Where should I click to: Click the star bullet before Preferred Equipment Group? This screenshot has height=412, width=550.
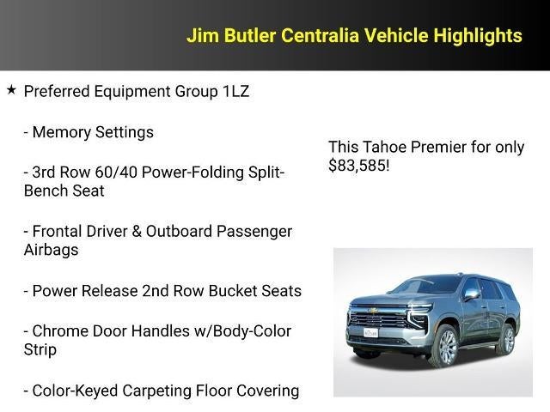(x=11, y=89)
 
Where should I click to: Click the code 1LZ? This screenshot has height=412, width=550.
(x=230, y=91)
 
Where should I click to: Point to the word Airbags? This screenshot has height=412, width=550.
(x=51, y=250)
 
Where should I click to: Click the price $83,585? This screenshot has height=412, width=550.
(x=359, y=165)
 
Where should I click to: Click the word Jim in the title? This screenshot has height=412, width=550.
(x=203, y=35)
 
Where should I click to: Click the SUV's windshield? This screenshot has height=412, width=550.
(x=425, y=287)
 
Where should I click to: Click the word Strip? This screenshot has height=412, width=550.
(x=40, y=349)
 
